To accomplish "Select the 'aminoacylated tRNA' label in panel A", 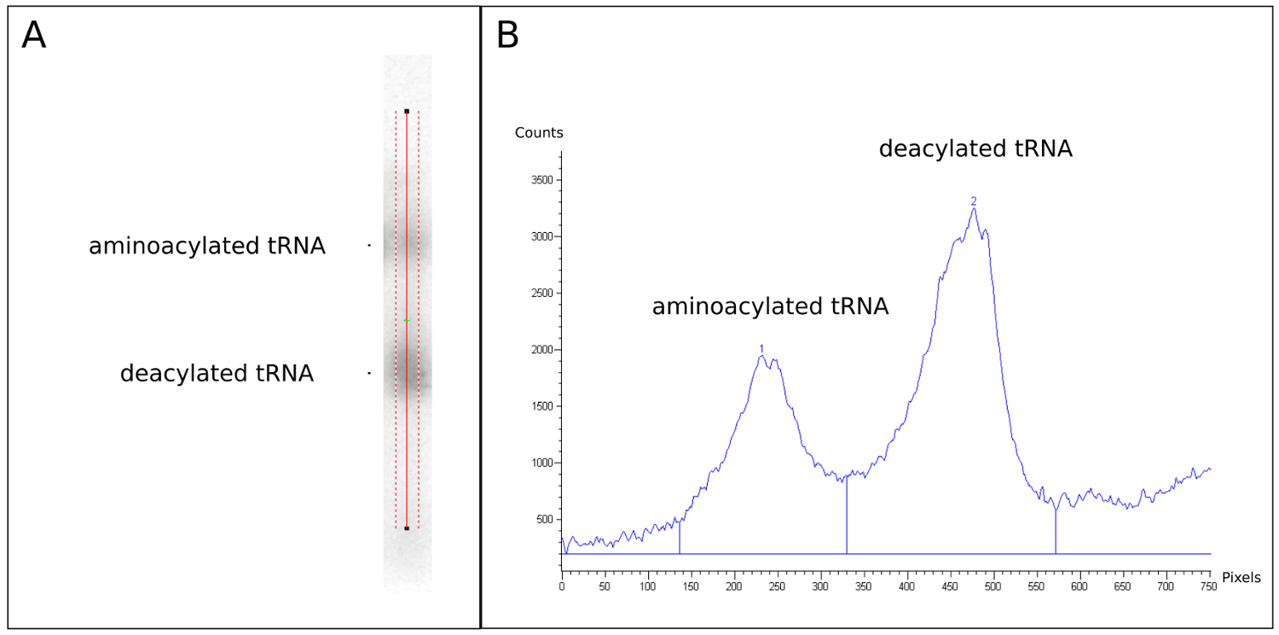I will (x=207, y=247).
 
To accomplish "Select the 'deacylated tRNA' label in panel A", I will (x=217, y=374).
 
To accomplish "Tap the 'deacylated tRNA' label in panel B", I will (x=975, y=149).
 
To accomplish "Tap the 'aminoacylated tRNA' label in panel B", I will (x=770, y=307).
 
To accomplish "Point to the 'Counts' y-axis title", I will (x=539, y=133).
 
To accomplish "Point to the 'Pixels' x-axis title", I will (x=1241, y=578).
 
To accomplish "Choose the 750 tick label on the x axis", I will (x=1207, y=587).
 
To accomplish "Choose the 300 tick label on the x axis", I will (x=820, y=587).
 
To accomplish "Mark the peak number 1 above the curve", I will (x=761, y=348).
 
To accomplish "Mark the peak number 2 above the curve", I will (x=973, y=201).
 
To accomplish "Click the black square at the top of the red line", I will (x=407, y=111).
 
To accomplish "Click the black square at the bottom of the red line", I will (x=407, y=528).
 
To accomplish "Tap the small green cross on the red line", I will (x=407, y=320).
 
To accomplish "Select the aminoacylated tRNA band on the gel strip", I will (x=408, y=245).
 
